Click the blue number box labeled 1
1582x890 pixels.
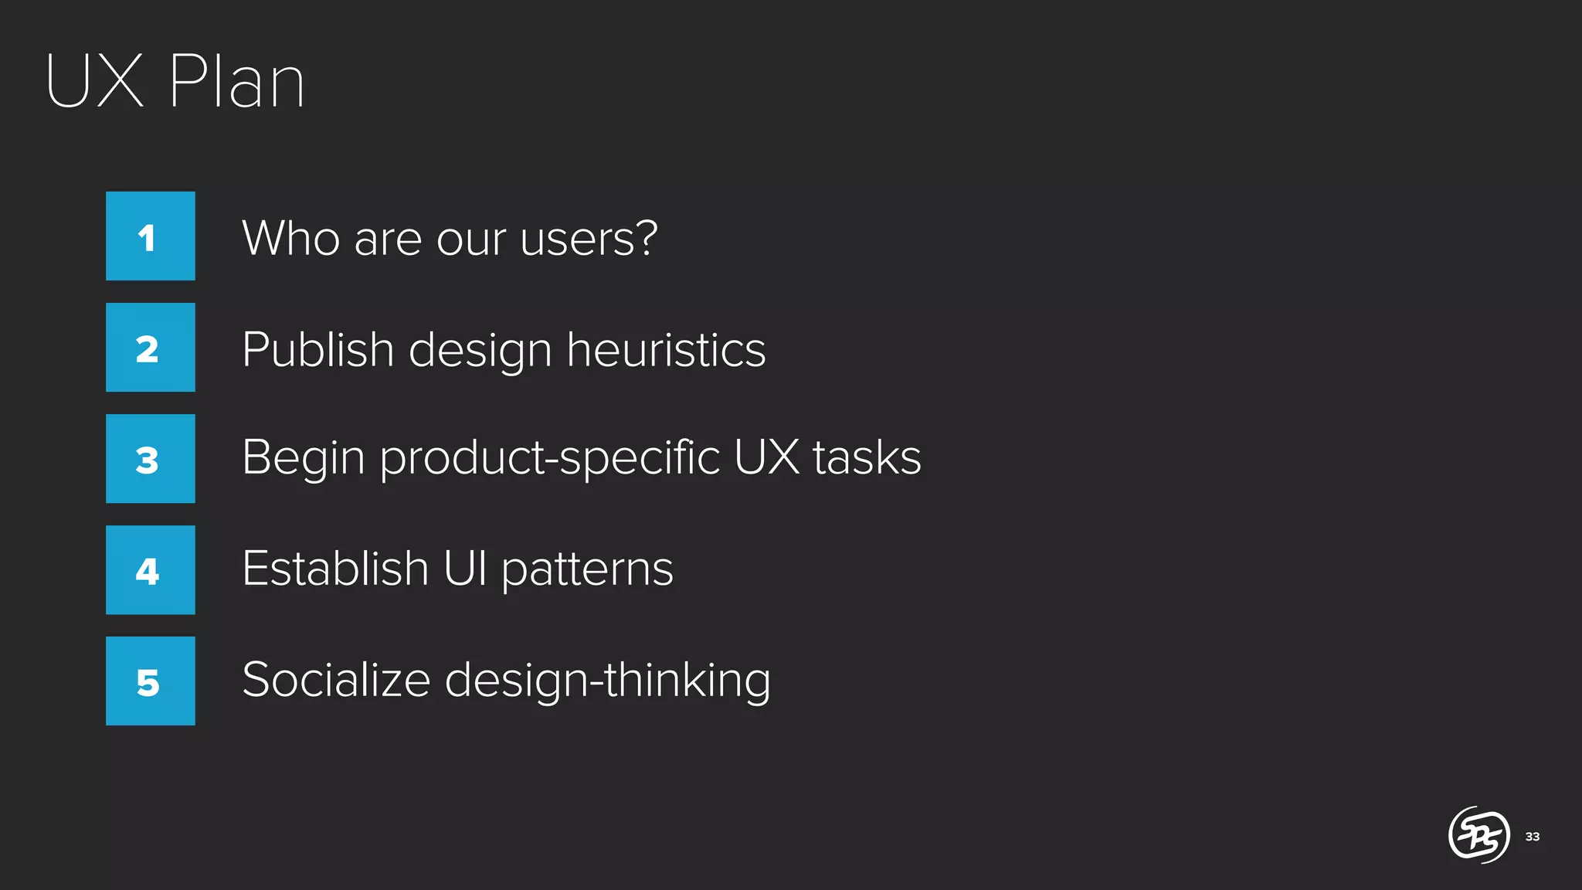(x=151, y=236)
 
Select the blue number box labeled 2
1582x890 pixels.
(x=151, y=348)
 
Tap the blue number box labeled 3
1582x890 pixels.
(x=151, y=459)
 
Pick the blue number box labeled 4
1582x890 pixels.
(x=151, y=570)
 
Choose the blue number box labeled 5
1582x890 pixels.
(x=151, y=681)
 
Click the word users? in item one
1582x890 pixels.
(x=589, y=238)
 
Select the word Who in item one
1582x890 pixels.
(x=290, y=238)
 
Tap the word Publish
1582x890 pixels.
(x=318, y=350)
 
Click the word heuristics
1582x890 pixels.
(x=666, y=350)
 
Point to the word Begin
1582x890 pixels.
(x=303, y=458)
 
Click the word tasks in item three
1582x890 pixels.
(x=867, y=457)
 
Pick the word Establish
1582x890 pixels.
(x=335, y=569)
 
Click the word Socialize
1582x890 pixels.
(x=336, y=680)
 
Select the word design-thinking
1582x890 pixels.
(x=607, y=681)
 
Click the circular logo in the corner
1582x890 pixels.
(x=1478, y=834)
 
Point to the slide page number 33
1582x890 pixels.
(x=1533, y=837)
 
